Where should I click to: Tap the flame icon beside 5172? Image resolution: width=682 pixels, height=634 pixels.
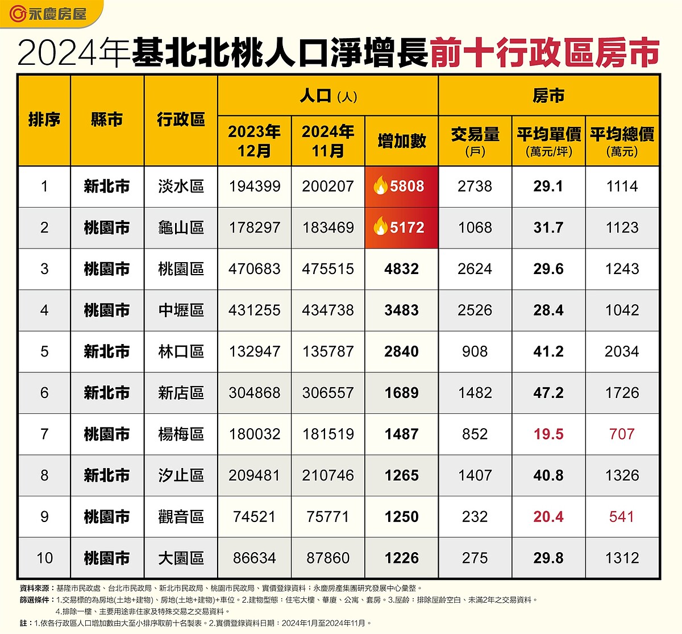380,227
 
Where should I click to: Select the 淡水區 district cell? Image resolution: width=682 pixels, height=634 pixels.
181,187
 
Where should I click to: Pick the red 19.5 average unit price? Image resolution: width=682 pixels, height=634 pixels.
548,434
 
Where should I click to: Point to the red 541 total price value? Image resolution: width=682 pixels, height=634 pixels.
622,517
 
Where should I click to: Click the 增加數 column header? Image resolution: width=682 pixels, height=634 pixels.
402,141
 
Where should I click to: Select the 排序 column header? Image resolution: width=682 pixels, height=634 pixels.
44,120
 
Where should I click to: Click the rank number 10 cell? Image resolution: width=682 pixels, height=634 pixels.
44,558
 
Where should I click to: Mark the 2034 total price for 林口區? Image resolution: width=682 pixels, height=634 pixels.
622,351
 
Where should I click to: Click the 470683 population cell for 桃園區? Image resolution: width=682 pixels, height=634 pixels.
255,269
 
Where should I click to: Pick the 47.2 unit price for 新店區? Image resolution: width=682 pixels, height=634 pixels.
548,393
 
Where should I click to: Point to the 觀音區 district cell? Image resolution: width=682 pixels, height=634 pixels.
181,517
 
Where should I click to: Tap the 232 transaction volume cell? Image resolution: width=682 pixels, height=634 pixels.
475,517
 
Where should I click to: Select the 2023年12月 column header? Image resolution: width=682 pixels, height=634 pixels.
255,141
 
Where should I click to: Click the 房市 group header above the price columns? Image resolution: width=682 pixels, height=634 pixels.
548,96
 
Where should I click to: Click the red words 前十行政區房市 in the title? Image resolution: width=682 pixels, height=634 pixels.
544,54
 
